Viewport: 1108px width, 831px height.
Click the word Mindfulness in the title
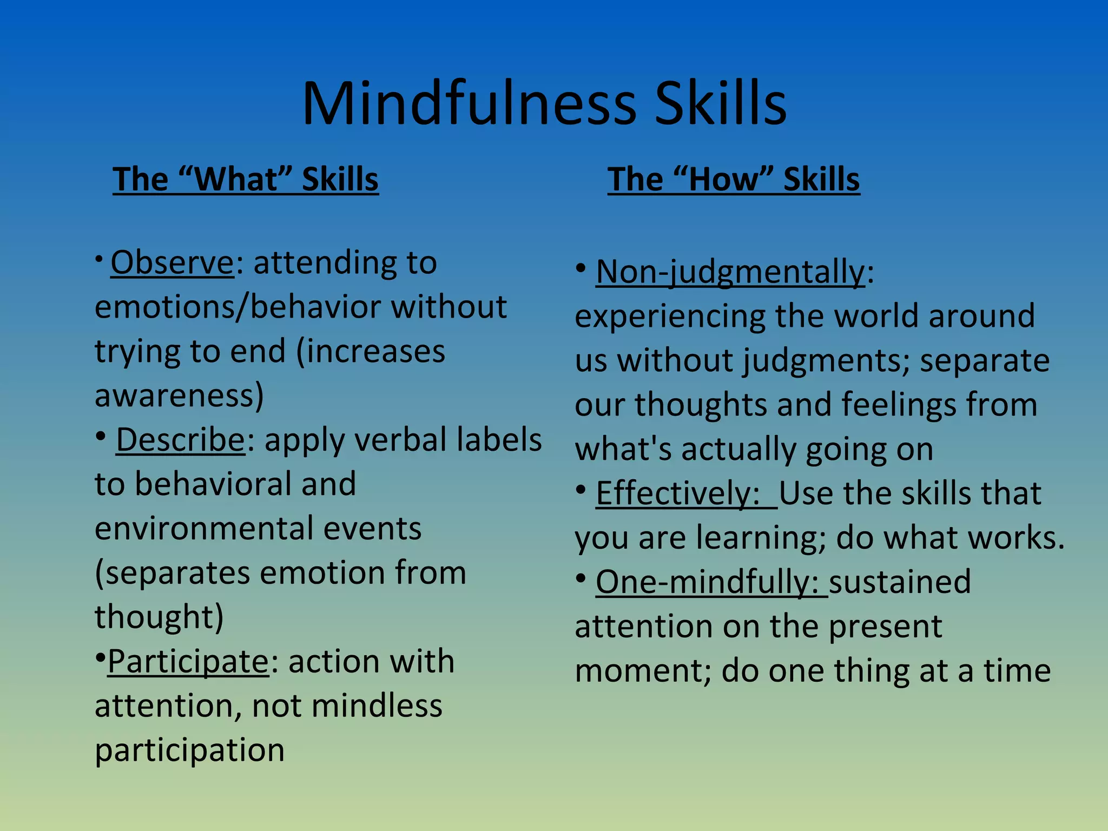[x=469, y=104]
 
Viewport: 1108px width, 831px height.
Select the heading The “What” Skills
[x=246, y=179]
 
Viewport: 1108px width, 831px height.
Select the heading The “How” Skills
[x=734, y=179]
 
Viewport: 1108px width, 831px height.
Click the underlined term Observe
[x=172, y=263]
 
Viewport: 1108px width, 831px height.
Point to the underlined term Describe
[x=181, y=439]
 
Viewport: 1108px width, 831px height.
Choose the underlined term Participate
[x=188, y=661]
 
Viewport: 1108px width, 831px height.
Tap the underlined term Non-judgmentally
[x=730, y=272]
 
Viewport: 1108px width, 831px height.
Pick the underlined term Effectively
[x=677, y=493]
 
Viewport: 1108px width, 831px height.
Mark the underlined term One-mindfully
[x=707, y=582]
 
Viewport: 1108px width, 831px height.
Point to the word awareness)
[x=179, y=396]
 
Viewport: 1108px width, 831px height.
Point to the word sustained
[x=900, y=582]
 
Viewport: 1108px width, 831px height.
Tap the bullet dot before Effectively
[x=581, y=490]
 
